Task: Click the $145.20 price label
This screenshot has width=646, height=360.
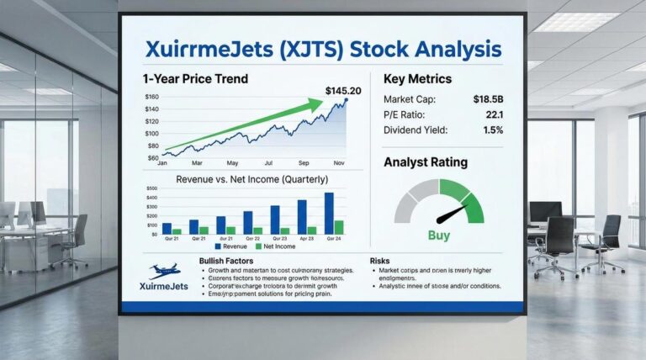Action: (x=342, y=90)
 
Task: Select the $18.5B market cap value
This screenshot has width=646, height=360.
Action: (x=487, y=99)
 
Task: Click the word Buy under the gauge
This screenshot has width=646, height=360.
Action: (x=439, y=236)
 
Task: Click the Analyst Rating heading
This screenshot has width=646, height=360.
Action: (x=426, y=161)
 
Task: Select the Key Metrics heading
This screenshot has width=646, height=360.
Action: (x=417, y=79)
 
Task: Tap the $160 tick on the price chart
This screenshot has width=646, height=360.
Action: (x=152, y=98)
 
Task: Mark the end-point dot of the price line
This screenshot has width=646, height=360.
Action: (x=345, y=101)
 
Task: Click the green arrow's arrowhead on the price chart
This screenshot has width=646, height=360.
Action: (x=316, y=104)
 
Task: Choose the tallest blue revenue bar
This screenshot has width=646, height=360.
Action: (x=329, y=213)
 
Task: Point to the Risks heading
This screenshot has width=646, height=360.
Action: (x=380, y=262)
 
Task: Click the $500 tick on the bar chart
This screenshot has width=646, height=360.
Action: (x=152, y=189)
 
